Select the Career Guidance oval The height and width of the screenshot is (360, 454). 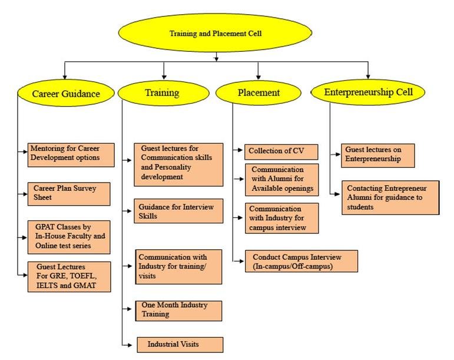[x=65, y=93]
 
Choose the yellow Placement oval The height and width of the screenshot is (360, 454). [x=259, y=93]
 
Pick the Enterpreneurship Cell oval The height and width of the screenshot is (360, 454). [x=369, y=92]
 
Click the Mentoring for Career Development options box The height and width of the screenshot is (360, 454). [x=71, y=154]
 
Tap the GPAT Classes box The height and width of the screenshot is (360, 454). [x=68, y=236]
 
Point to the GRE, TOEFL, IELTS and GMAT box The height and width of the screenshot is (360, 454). [x=68, y=276]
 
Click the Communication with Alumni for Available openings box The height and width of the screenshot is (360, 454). [x=281, y=179]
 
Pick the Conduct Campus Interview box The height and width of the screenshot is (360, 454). [x=301, y=261]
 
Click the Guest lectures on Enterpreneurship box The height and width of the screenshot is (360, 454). [x=379, y=155]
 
